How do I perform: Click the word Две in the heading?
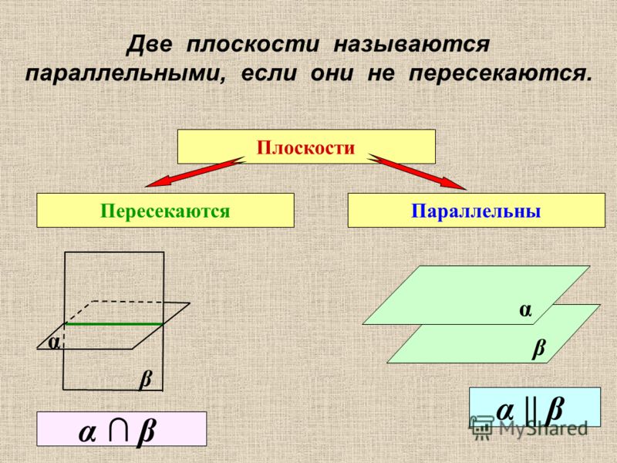(x=149, y=45)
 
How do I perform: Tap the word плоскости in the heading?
(x=252, y=45)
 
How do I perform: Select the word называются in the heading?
(x=412, y=45)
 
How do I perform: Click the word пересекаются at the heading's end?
(x=500, y=73)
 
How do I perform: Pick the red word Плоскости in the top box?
(x=305, y=147)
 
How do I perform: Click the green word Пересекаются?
(x=165, y=211)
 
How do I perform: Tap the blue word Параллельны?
(x=476, y=211)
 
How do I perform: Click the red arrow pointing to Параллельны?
(x=417, y=172)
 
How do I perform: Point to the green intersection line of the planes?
(x=114, y=324)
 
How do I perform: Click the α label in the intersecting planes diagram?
(x=53, y=343)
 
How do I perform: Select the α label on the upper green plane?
(x=525, y=310)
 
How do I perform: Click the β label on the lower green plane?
(x=539, y=348)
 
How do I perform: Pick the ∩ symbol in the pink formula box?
(x=119, y=431)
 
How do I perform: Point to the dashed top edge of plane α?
(x=128, y=302)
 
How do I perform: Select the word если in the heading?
(x=268, y=73)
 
